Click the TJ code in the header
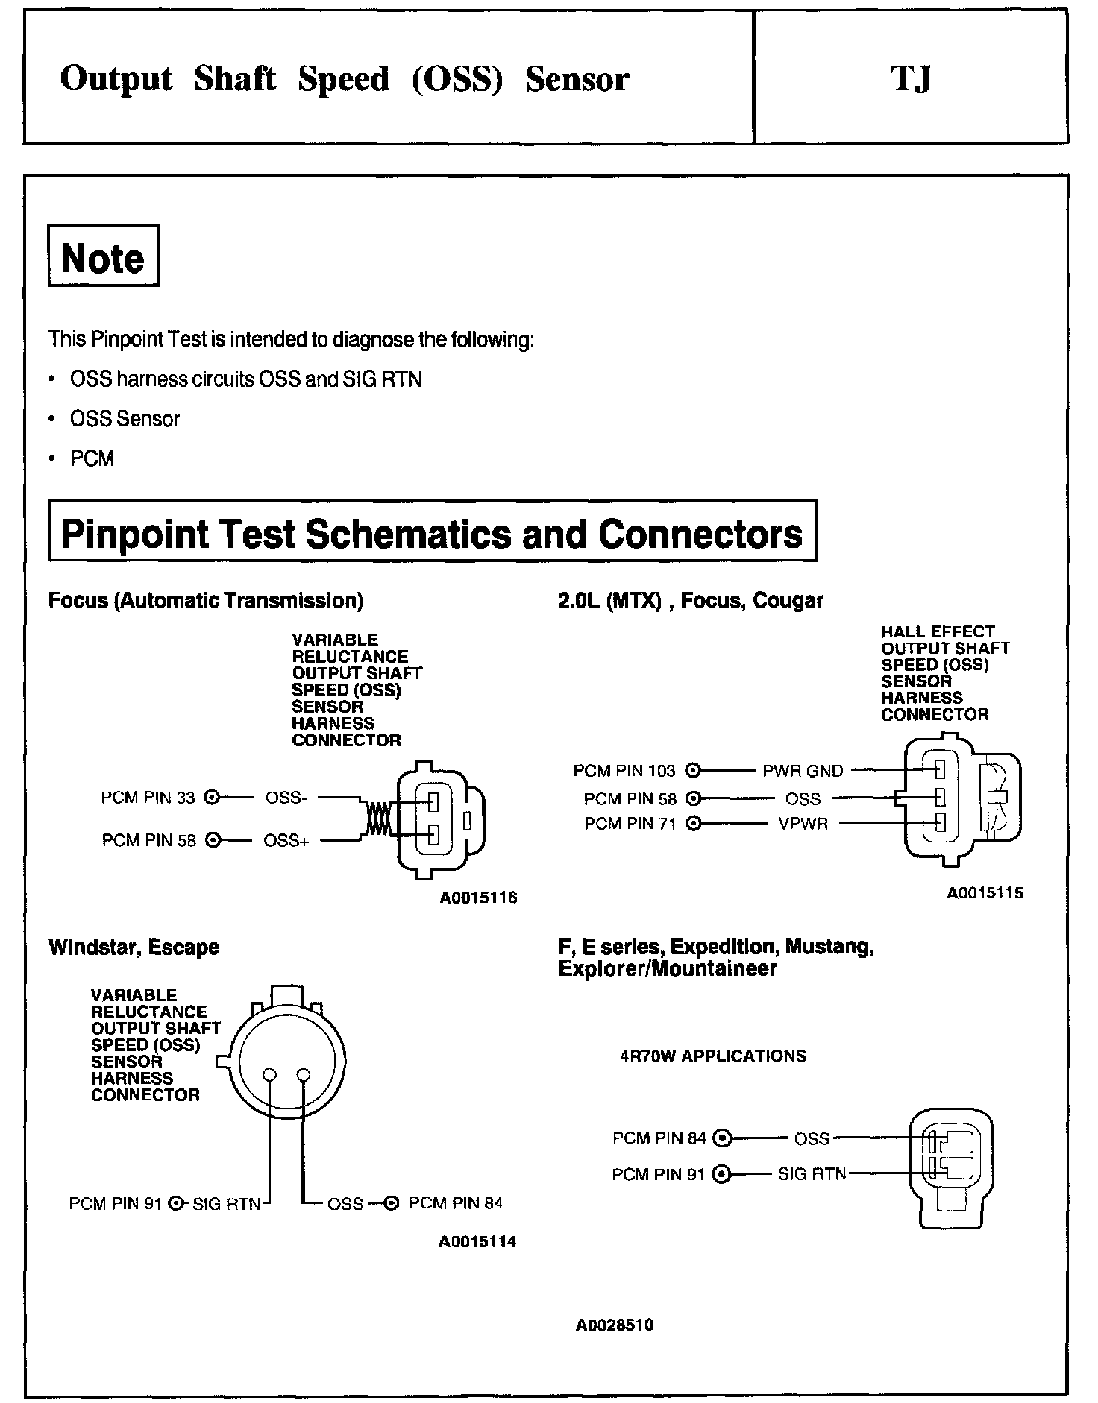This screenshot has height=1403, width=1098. pyautogui.click(x=910, y=79)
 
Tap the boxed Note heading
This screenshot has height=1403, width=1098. pyautogui.click(x=103, y=257)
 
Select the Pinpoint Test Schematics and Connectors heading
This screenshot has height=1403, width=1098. pyautogui.click(x=432, y=534)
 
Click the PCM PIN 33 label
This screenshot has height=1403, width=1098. pyautogui.click(x=148, y=798)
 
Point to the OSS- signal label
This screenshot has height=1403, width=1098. pyautogui.click(x=286, y=798)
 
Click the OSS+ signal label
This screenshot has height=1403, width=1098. pyautogui.click(x=286, y=841)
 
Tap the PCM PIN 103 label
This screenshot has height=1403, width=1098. pyautogui.click(x=624, y=770)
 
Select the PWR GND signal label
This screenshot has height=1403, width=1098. pyautogui.click(x=803, y=770)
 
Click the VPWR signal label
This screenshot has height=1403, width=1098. pyautogui.click(x=803, y=824)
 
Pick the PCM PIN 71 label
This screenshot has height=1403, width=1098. pyautogui.click(x=630, y=824)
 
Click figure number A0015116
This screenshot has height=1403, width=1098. pyautogui.click(x=478, y=898)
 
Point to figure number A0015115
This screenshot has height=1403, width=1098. pyautogui.click(x=985, y=892)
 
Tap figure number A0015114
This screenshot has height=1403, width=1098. pyautogui.click(x=477, y=1242)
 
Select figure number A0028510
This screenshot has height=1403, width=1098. pyautogui.click(x=615, y=1325)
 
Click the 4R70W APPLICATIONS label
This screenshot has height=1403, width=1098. pyautogui.click(x=713, y=1056)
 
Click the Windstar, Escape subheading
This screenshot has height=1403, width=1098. pyautogui.click(x=134, y=948)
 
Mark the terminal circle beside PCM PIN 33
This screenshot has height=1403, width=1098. pyautogui.click(x=212, y=798)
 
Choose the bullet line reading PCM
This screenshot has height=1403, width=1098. pyautogui.click(x=92, y=458)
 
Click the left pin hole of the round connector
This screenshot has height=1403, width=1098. pyautogui.click(x=270, y=1075)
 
